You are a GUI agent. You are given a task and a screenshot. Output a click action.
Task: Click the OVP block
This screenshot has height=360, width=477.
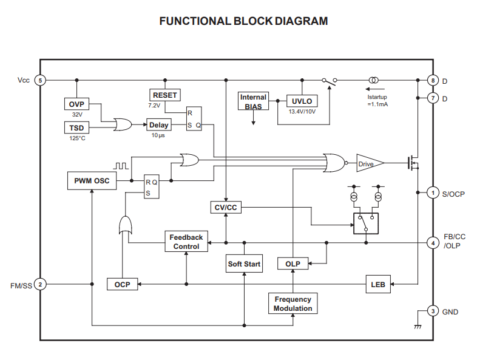76,104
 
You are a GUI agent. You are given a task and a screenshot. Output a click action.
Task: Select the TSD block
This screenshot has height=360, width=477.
76,127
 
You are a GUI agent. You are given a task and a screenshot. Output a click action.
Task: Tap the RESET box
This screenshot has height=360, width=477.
165,95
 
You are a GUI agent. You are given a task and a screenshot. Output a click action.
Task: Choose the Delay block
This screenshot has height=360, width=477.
158,124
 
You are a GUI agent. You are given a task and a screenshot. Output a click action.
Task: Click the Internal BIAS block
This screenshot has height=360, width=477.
254,101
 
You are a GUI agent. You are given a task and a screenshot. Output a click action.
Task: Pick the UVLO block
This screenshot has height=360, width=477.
302,101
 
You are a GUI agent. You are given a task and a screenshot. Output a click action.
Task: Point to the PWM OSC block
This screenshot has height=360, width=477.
92,181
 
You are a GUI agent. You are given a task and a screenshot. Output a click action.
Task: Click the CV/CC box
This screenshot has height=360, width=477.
226,208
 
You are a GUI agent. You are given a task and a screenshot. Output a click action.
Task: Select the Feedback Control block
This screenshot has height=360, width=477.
186,242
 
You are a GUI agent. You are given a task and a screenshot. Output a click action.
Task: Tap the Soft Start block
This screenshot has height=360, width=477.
244,264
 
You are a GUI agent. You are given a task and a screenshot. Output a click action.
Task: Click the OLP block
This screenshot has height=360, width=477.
293,263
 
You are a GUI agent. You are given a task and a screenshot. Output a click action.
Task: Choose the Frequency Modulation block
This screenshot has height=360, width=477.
293,304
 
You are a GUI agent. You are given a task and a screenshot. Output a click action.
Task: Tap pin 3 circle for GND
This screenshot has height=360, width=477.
433,311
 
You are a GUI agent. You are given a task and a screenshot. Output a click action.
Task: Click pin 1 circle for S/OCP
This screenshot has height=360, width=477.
433,193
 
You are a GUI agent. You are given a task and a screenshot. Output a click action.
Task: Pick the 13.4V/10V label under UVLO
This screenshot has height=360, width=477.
302,112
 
